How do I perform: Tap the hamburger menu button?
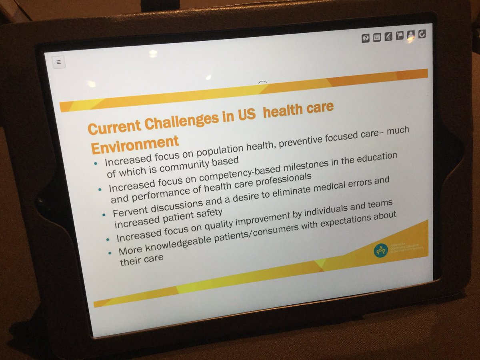(x=58, y=62)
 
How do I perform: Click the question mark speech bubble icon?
(x=365, y=38)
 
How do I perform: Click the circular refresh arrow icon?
(x=421, y=34)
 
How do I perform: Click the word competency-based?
(x=222, y=174)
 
